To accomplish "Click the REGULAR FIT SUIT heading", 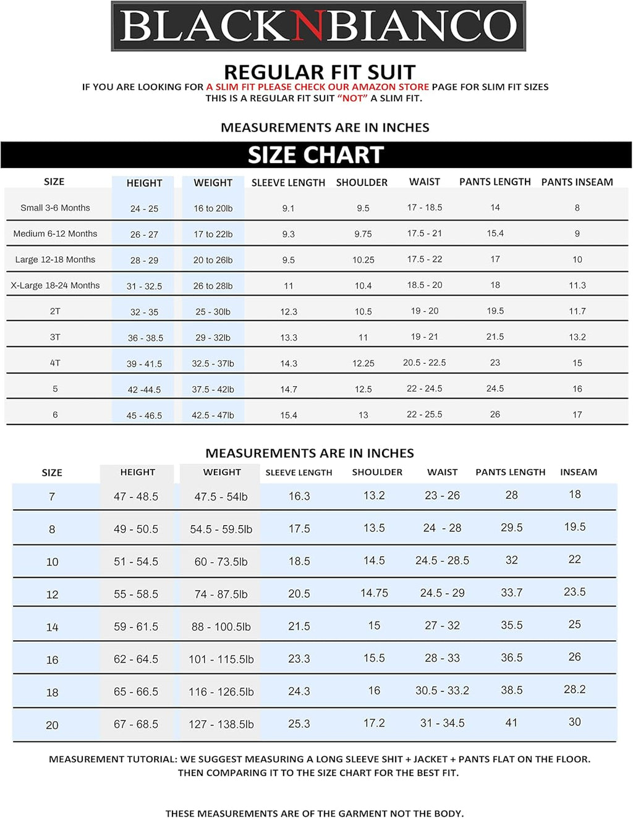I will [319, 72].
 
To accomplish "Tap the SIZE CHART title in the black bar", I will [316, 155].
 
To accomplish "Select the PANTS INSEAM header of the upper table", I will [577, 182].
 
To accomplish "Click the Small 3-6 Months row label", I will [55, 208].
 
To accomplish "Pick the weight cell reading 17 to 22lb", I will [213, 234].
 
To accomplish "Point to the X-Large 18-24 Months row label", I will [55, 285].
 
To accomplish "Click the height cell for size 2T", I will [144, 312].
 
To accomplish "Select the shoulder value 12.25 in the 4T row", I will [363, 363].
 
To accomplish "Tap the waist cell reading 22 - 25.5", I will [424, 415].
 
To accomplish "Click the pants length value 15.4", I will [495, 234].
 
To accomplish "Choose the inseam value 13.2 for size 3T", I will [577, 337].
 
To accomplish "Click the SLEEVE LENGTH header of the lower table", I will [299, 473].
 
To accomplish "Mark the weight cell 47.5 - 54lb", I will [221, 497].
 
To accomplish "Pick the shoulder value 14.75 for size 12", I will [374, 593].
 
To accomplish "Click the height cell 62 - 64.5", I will [136, 659].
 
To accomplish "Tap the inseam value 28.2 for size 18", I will [574, 689].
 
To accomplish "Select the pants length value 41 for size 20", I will [511, 723].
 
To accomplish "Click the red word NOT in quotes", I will [352, 98].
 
